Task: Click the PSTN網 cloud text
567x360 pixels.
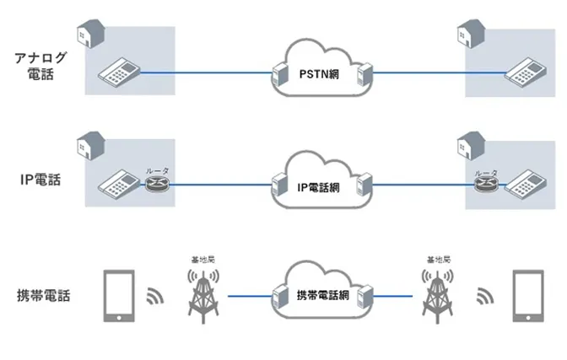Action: coord(318,74)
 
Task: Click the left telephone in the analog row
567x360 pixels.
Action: coord(116,73)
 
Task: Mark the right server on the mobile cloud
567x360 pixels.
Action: coord(365,298)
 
